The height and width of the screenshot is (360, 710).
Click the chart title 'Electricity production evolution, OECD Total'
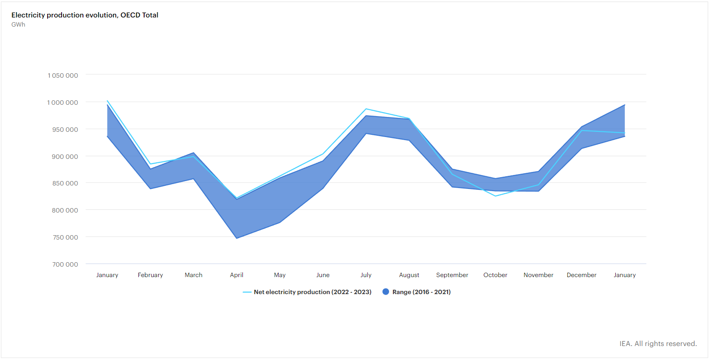click(x=85, y=15)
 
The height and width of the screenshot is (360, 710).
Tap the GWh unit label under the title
click(x=18, y=24)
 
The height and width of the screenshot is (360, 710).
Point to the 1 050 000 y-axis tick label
click(x=63, y=75)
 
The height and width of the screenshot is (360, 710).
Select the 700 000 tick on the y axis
click(x=65, y=264)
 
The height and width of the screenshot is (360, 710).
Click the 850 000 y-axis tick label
click(x=65, y=183)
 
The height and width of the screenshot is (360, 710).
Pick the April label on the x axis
click(x=237, y=275)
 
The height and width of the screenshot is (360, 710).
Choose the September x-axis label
click(x=452, y=275)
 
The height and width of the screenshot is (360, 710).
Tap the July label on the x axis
click(x=366, y=275)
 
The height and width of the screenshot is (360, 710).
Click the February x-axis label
click(x=150, y=275)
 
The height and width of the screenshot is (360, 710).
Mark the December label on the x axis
click(x=581, y=275)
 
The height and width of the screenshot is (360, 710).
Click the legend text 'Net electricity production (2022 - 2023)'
click(x=313, y=292)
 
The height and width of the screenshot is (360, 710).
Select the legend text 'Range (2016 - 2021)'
click(x=421, y=292)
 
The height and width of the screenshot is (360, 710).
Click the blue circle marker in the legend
click(x=386, y=292)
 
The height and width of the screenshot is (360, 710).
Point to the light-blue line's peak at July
click(x=366, y=109)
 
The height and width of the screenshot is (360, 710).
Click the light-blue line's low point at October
click(x=495, y=196)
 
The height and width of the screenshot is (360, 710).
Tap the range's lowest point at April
click(x=237, y=238)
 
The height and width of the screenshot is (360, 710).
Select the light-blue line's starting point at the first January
click(x=107, y=101)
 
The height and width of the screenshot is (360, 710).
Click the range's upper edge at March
click(x=193, y=153)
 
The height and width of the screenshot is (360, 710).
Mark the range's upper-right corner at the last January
click(x=624, y=105)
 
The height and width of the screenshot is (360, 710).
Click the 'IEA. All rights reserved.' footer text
click(x=658, y=344)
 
